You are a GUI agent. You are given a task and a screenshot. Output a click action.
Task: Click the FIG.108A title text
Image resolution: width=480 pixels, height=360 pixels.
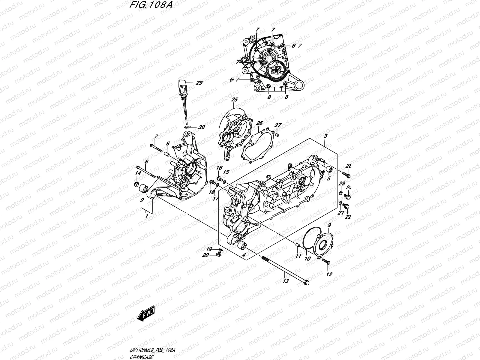147,5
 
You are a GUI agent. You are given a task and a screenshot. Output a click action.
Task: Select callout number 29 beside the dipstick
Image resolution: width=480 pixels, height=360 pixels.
199,83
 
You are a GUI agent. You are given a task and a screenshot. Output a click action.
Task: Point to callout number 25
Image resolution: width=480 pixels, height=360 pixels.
234,99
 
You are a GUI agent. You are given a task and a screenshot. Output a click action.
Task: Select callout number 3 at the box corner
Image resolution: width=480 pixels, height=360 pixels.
326,136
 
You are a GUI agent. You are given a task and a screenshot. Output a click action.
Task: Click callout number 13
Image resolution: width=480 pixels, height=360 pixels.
286,281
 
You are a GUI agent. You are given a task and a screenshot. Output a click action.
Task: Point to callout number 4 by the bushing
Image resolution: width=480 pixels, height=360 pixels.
244,255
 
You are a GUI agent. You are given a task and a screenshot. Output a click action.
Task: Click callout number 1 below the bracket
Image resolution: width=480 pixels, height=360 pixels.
147,216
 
